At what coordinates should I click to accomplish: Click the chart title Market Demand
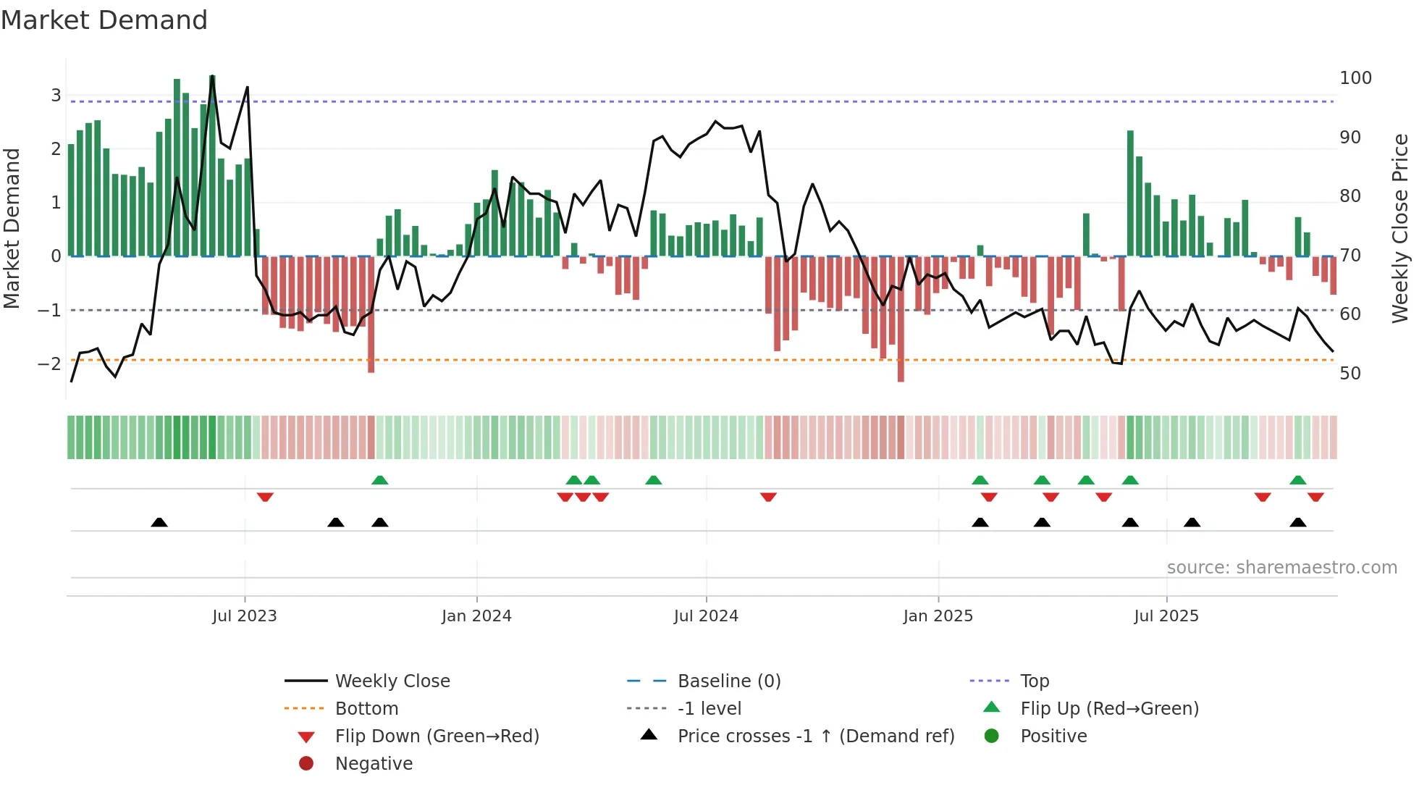pos(104,20)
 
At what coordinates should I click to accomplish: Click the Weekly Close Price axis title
pos(1400,228)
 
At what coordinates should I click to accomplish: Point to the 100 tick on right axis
pos(1355,78)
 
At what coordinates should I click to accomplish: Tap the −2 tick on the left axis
pos(49,364)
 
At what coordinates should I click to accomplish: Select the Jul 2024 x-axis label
pos(706,616)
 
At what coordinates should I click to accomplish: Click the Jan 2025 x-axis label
pos(938,616)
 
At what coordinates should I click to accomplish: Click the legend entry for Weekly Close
pos(392,681)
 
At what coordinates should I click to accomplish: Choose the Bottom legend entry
pos(366,709)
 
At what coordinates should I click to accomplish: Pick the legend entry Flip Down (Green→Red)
pos(437,736)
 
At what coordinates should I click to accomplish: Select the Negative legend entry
pos(374,764)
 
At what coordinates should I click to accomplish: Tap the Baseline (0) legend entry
pos(728,681)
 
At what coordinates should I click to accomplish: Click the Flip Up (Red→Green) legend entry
pos(1109,709)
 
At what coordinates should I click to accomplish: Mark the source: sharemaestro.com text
pos(1281,568)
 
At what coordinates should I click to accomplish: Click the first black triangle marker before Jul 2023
pos(159,523)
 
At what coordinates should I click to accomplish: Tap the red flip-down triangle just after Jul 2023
pos(265,497)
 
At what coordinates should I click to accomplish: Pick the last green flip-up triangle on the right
pos(1297,480)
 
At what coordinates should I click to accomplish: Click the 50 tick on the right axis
pos(1349,374)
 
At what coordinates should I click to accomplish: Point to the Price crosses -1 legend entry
pos(815,736)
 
